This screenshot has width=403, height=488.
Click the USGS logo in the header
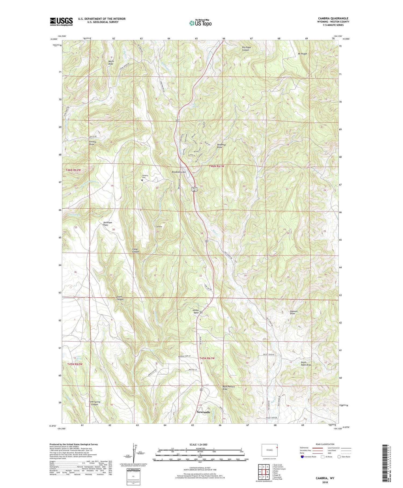click(61, 22)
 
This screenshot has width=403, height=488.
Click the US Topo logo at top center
click(200, 23)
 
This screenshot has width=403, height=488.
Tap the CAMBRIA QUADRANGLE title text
click(333, 18)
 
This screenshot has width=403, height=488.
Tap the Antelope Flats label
click(108, 223)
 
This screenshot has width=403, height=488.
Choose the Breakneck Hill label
click(179, 172)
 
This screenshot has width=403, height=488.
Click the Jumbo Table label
click(195, 311)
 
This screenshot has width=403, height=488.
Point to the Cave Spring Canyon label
click(95, 403)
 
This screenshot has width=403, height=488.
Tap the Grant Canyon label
click(120, 298)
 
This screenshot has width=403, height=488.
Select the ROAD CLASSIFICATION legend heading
click(325, 444)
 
